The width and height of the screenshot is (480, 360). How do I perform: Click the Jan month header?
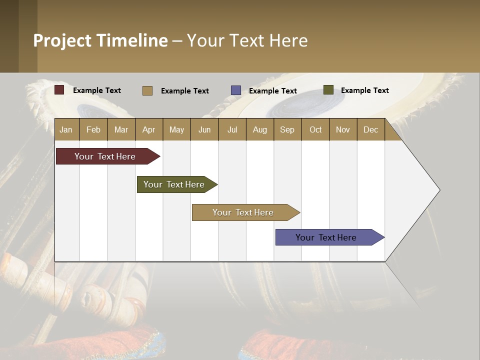tap(66, 130)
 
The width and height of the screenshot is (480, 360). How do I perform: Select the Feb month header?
tap(93, 130)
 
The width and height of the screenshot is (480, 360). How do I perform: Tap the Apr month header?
tap(148, 130)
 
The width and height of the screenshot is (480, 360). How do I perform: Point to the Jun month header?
tap(204, 130)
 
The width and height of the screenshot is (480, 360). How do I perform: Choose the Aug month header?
tap(260, 130)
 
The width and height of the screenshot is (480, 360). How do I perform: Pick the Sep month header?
tap(287, 130)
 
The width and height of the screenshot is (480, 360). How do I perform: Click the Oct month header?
tap(315, 130)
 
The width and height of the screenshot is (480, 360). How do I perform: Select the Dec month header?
tap(370, 130)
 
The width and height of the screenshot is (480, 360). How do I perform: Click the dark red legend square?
tap(59, 90)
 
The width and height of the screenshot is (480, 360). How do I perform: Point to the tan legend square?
tap(147, 90)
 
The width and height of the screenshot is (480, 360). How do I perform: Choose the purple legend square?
tap(236, 90)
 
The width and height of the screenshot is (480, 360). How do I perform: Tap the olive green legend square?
tap(328, 90)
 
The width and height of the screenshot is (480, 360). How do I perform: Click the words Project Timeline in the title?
tap(100, 40)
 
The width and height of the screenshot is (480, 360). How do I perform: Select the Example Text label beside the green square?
tap(364, 90)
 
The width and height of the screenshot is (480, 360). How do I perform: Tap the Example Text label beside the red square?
tap(97, 90)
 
